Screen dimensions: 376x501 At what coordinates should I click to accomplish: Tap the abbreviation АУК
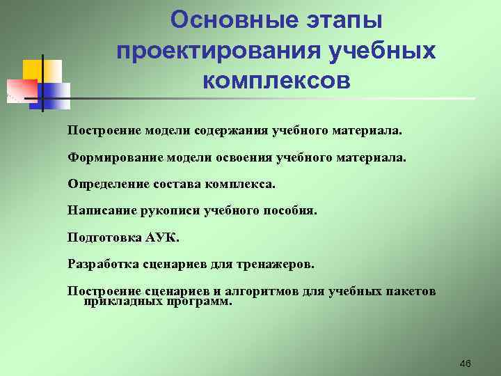(163, 237)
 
